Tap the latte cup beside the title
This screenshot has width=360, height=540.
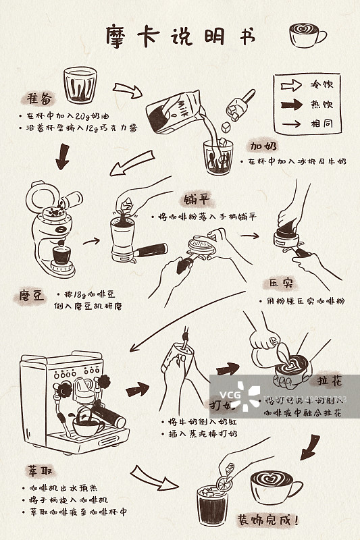[x=306, y=34]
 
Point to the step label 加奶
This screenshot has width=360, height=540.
[x=265, y=146]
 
